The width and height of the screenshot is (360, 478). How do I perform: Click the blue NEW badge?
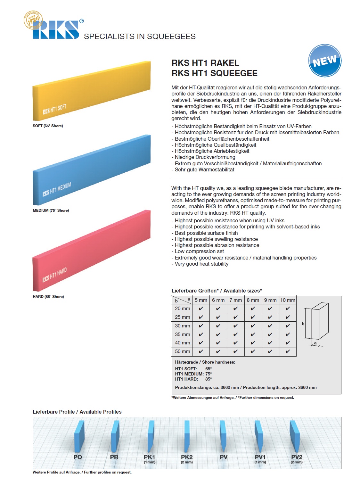click(x=325, y=61)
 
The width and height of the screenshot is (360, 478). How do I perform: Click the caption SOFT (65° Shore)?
click(x=48, y=126)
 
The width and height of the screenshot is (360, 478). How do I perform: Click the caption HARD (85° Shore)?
click(x=48, y=297)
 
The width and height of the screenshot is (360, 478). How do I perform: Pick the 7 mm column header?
click(x=235, y=300)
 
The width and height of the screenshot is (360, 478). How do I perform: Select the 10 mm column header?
click(x=288, y=300)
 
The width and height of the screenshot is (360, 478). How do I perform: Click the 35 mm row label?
click(x=182, y=334)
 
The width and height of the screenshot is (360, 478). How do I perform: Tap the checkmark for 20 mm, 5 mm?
click(x=201, y=309)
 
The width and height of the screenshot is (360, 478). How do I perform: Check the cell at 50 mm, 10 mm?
click(x=288, y=351)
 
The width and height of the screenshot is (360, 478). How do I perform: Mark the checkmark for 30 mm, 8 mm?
click(x=253, y=326)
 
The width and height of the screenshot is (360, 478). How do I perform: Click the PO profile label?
click(x=78, y=457)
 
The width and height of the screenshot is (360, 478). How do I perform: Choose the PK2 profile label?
click(x=187, y=457)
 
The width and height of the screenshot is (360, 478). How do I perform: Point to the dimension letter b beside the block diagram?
click(x=303, y=324)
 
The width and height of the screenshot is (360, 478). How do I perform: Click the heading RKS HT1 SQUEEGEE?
click(x=214, y=73)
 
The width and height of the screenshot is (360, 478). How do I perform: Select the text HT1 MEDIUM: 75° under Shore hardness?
click(x=193, y=374)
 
